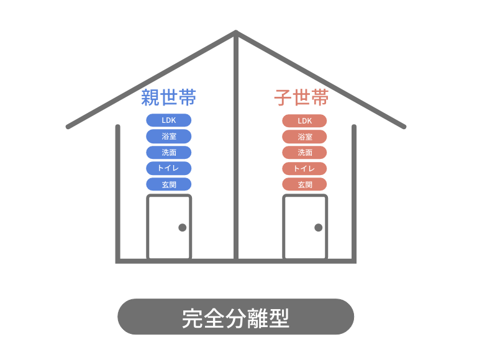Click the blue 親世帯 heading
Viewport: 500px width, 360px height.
(x=168, y=97)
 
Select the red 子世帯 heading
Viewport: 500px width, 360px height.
(x=301, y=97)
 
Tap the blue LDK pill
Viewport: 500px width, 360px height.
(x=169, y=120)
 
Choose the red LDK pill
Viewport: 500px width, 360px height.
(x=304, y=121)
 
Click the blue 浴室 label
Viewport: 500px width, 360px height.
(x=169, y=137)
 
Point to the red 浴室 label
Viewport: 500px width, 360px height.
(x=305, y=137)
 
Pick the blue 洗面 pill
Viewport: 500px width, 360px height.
(x=169, y=152)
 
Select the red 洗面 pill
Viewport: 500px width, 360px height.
(x=304, y=153)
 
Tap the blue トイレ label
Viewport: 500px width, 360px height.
(x=168, y=168)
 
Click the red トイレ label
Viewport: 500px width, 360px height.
(x=304, y=169)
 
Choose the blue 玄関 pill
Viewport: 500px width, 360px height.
(x=169, y=184)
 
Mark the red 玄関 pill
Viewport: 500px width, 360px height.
(x=304, y=184)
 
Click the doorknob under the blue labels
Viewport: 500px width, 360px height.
(x=183, y=227)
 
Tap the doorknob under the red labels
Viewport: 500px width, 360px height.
(x=318, y=227)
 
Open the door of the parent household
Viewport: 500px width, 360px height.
(x=169, y=227)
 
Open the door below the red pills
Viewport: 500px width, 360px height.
(x=305, y=227)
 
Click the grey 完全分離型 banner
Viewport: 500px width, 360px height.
(x=235, y=317)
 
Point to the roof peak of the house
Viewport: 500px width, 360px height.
(x=236, y=31)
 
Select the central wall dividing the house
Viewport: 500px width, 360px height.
(x=236, y=146)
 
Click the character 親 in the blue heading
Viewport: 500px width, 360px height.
(x=150, y=97)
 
